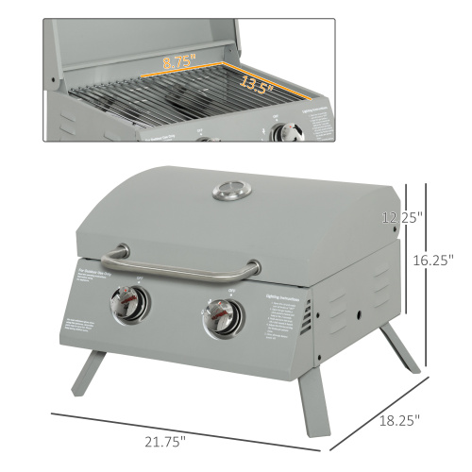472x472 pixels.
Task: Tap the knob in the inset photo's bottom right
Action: pyautogui.click(x=280, y=134)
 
